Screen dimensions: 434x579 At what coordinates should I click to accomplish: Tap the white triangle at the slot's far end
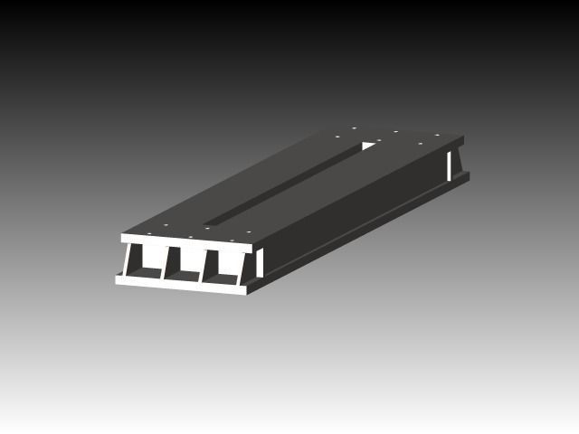[371, 144]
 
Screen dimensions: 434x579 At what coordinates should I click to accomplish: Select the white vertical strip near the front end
[260, 262]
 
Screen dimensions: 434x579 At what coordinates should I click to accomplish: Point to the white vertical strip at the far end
[449, 165]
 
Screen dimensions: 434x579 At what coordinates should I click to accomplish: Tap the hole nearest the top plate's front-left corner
[146, 230]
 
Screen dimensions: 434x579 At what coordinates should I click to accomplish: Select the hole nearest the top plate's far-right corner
[438, 136]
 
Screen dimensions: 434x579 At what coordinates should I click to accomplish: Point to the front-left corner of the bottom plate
[118, 279]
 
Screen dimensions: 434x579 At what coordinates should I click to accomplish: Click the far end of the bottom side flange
[467, 175]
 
